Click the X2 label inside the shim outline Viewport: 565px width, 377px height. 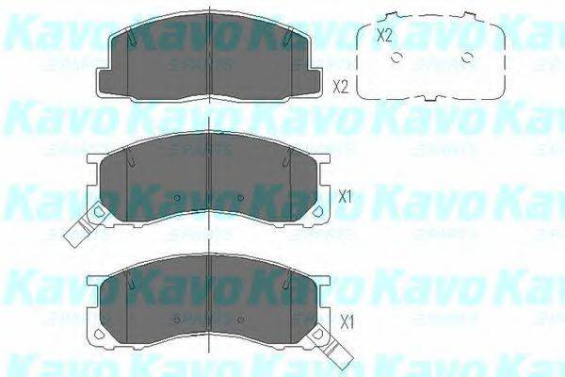coord(382,37)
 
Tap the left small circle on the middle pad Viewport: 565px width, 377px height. coord(177,198)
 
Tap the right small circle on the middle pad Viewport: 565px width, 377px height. coord(240,198)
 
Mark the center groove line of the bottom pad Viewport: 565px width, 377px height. coord(208,302)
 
